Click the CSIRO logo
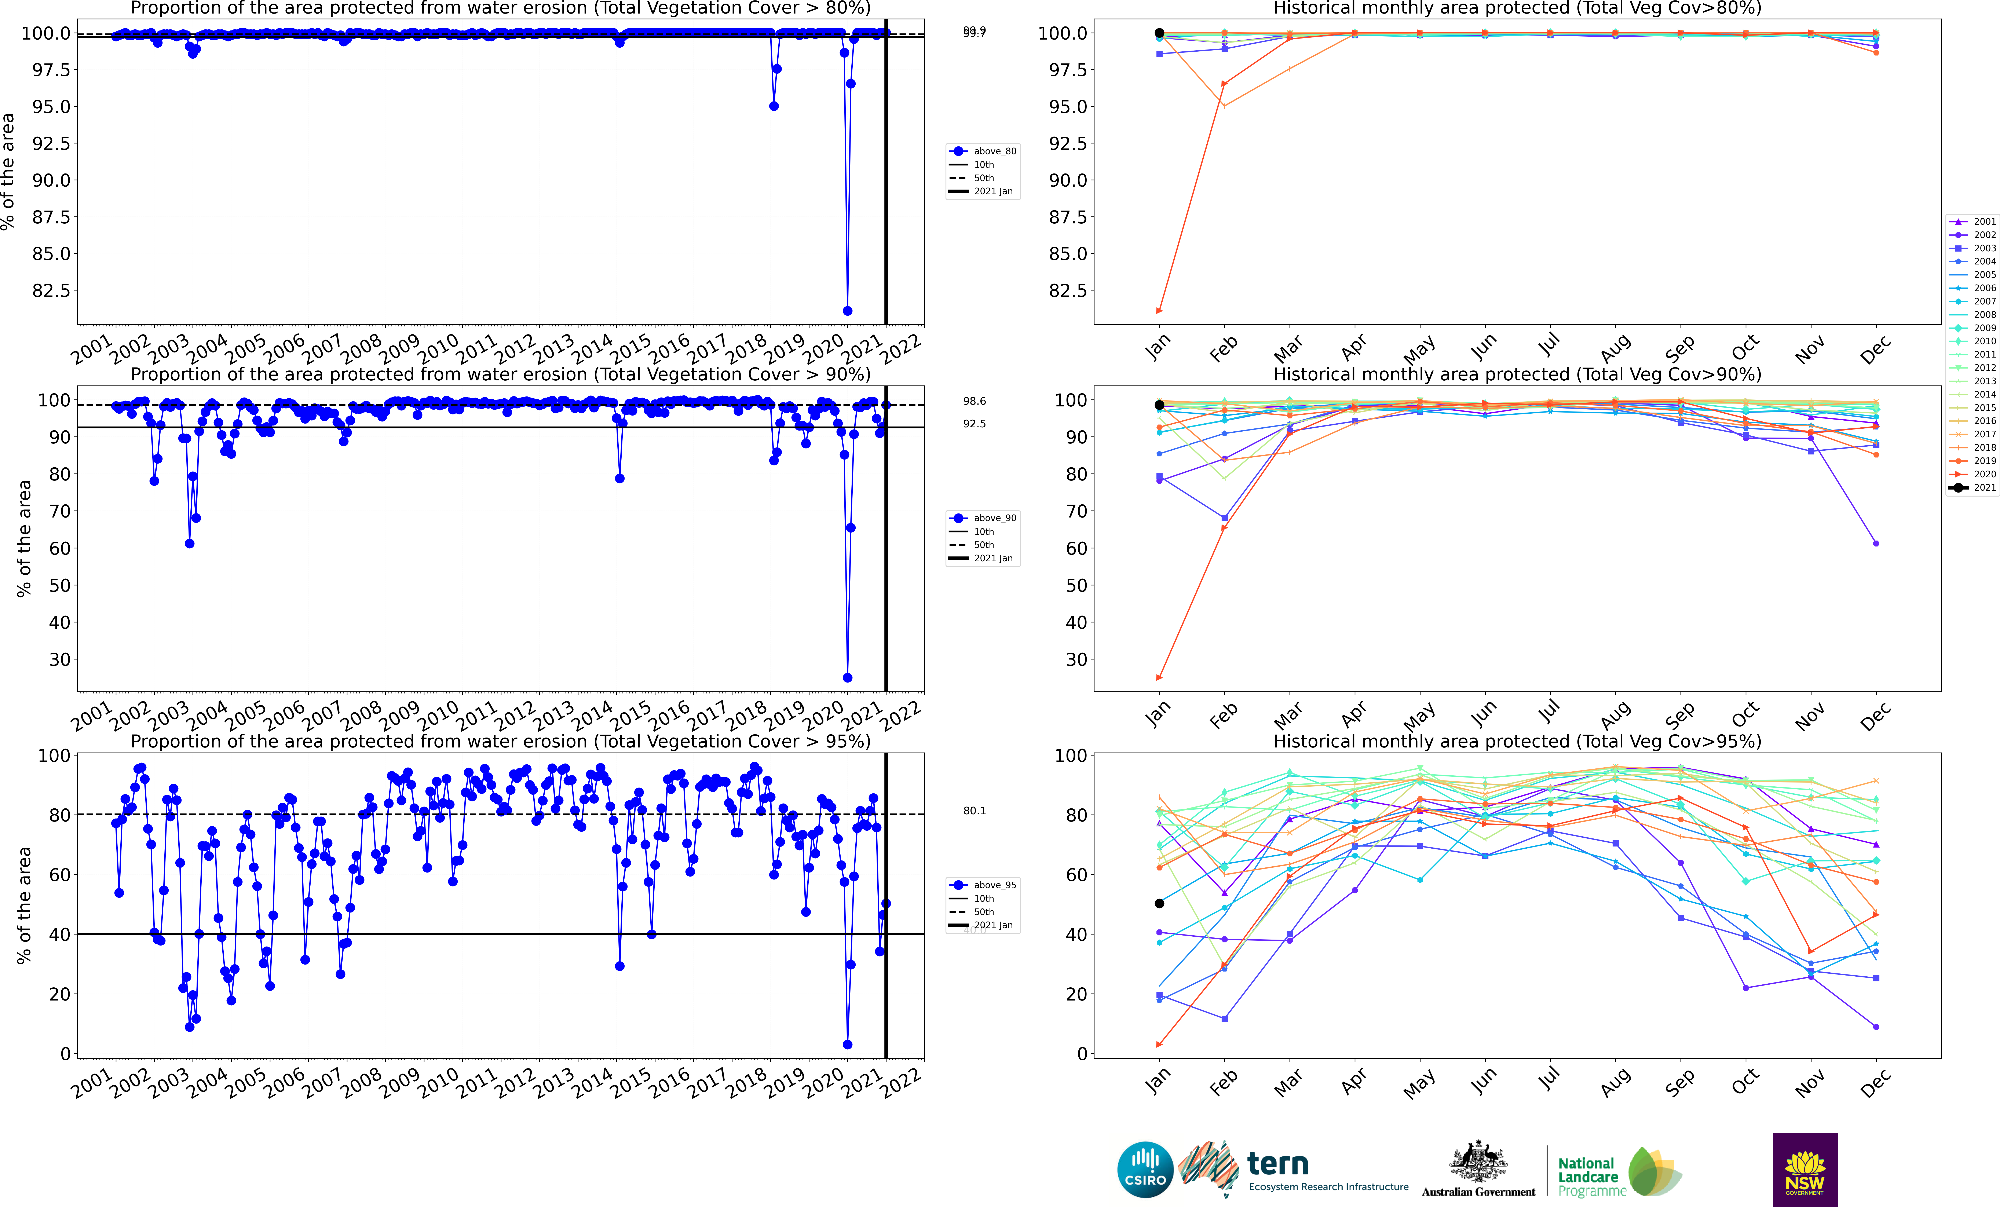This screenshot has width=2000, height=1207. tap(1144, 1170)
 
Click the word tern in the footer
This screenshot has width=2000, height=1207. tap(1278, 1163)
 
